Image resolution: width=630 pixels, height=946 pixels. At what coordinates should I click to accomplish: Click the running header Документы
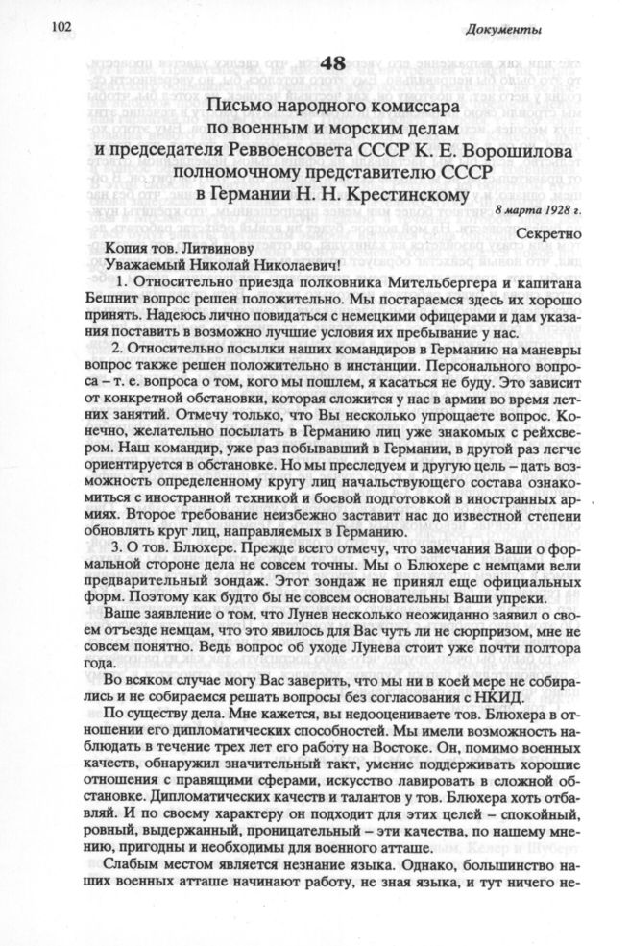pyautogui.click(x=507, y=29)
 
